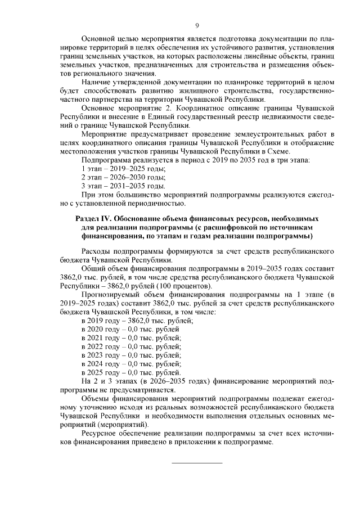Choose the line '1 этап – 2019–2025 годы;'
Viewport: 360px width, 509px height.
click(x=123, y=169)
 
